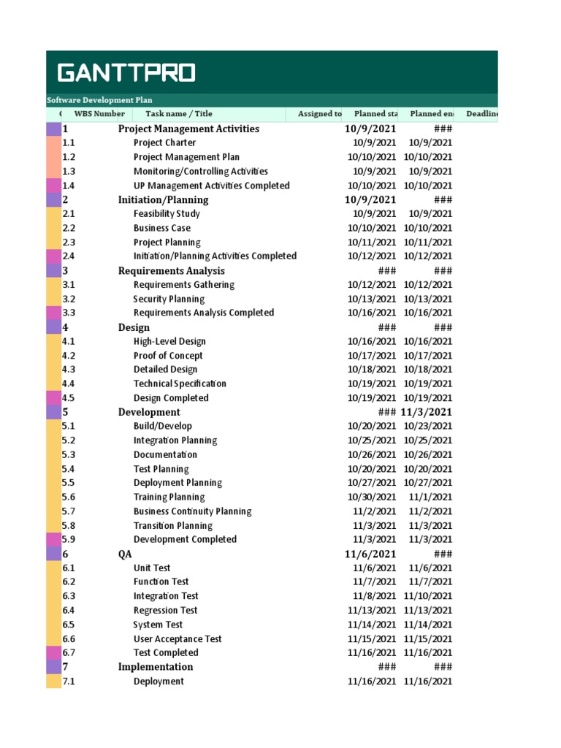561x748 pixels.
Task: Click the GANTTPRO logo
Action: pos(126,73)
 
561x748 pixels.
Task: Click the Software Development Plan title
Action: pos(99,100)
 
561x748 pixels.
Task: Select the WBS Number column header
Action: pos(99,114)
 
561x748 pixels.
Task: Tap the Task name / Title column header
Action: pos(178,114)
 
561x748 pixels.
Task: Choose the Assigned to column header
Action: pos(319,114)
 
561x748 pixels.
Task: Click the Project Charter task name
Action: pos(164,143)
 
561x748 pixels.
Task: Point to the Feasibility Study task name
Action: pos(167,214)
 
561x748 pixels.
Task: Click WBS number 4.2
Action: pos(69,356)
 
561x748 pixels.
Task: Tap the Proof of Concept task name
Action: pos(168,356)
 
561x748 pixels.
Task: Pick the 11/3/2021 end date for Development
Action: pos(426,412)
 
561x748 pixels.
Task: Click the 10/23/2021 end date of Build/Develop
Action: pos(427,426)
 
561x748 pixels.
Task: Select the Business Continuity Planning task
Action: pos(192,511)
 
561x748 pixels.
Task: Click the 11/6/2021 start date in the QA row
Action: pos(370,554)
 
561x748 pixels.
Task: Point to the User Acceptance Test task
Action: pos(178,639)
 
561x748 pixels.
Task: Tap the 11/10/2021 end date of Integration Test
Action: pos(427,596)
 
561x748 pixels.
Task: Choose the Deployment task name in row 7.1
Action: pos(159,682)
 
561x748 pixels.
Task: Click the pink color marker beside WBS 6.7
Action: pos(53,653)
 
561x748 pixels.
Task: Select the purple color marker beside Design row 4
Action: pos(53,327)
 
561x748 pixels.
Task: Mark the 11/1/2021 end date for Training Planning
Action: pos(430,497)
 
